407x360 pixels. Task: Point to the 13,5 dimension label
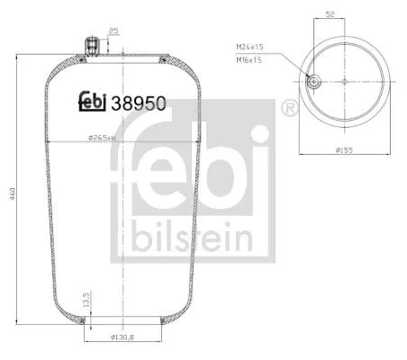point(83,299)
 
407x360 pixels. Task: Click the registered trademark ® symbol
point(290,109)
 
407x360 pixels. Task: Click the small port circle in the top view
point(313,81)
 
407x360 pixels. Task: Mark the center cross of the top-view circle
point(345,81)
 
